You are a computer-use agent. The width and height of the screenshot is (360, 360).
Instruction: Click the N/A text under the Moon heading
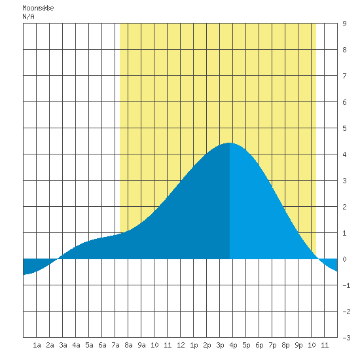[x=28, y=16]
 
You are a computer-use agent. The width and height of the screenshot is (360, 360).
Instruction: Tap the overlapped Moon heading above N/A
[x=38, y=8]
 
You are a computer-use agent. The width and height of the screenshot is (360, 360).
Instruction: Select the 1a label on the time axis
[x=37, y=345]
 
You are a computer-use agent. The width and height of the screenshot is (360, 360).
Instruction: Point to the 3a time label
[x=63, y=345]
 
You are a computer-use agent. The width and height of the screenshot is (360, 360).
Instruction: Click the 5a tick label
[x=89, y=345]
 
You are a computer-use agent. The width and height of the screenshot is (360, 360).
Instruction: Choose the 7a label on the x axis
[x=115, y=345]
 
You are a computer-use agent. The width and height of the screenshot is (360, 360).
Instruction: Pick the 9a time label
[x=141, y=345]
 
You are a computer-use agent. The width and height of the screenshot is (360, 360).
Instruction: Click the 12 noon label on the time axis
[x=181, y=345]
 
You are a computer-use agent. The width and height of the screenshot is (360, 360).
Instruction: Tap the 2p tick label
[x=207, y=345]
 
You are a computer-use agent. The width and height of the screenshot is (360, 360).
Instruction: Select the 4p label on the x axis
[x=233, y=345]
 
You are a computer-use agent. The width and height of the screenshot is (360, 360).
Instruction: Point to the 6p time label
[x=259, y=345]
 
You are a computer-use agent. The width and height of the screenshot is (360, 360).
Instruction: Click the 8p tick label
[x=285, y=345]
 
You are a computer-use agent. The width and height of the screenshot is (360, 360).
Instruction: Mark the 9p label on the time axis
[x=298, y=345]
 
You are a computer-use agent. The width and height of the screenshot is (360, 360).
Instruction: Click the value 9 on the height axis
[x=344, y=24]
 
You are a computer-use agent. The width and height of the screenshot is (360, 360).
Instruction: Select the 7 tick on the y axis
[x=344, y=76]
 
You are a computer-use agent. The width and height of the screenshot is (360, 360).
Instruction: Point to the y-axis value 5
[x=344, y=128]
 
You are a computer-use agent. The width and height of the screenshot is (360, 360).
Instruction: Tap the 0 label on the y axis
[x=344, y=259]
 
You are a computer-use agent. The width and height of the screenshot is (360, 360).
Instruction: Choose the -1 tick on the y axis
[x=346, y=285]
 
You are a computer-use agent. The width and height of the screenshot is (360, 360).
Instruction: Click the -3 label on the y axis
[x=346, y=338]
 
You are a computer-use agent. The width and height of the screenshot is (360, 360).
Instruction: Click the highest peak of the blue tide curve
[x=230, y=143]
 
